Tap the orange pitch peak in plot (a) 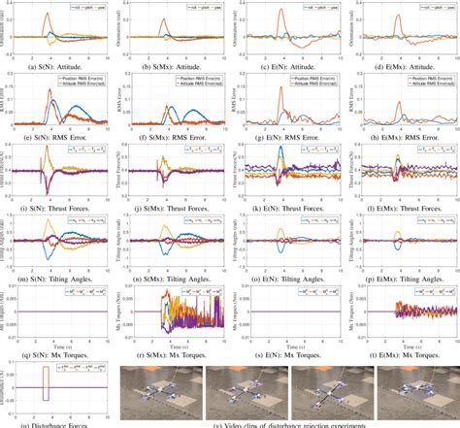(x=49, y=13)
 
